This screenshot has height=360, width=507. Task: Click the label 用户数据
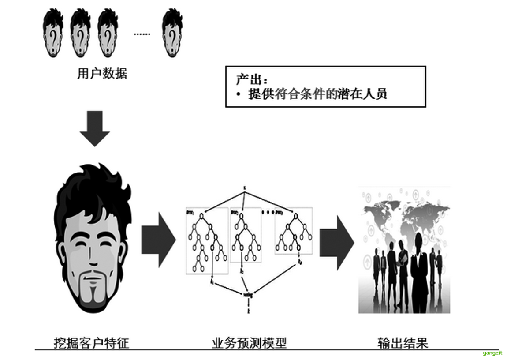point(102,74)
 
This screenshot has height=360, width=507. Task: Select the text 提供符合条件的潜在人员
point(317,94)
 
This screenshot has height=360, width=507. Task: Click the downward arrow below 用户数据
point(94,128)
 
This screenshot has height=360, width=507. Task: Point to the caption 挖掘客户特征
point(92,342)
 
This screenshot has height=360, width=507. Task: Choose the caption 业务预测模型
point(249,342)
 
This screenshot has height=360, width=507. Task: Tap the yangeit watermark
point(492,352)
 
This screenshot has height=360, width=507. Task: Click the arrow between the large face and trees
point(158,240)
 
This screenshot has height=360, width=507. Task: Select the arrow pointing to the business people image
point(336,242)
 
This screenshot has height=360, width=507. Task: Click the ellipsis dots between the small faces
point(142,34)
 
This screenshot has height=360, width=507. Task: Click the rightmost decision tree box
point(293,231)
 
